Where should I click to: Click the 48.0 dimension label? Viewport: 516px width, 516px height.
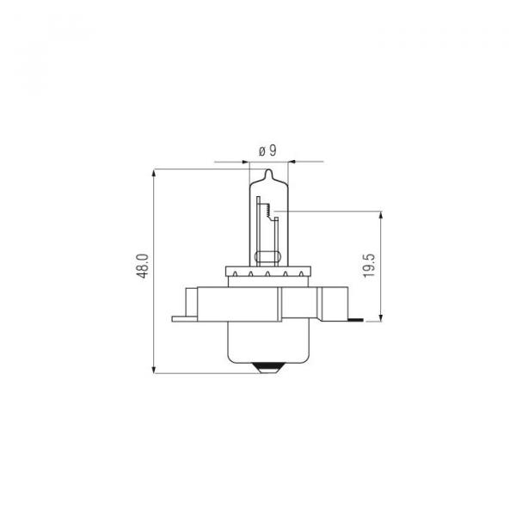(143, 266)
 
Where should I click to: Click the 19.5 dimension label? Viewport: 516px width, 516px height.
(369, 266)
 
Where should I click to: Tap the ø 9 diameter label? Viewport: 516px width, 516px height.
(267, 150)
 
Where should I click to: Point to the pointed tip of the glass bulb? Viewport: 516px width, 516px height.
(269, 169)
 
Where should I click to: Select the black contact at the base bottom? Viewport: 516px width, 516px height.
(269, 365)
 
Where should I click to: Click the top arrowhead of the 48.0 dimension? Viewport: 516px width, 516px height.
(154, 174)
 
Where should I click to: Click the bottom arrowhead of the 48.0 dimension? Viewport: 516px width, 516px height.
(154, 369)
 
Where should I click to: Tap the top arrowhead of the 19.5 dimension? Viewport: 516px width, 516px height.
(381, 216)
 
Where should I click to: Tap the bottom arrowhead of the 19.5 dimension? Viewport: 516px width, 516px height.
(381, 316)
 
